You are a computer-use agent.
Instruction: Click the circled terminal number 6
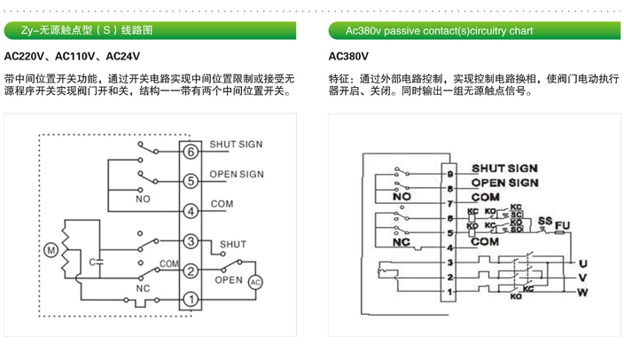[190, 152]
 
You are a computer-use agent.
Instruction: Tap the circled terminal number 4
[190, 211]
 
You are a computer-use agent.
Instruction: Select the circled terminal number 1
[190, 300]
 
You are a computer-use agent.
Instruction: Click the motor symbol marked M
[51, 251]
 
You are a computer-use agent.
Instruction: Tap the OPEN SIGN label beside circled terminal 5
[237, 174]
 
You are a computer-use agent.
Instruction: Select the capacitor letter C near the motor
[92, 262]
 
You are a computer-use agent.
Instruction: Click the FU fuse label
[560, 223]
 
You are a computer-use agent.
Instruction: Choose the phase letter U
[581, 263]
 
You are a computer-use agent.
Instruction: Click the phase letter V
[581, 278]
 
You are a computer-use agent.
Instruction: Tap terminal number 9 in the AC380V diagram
[450, 175]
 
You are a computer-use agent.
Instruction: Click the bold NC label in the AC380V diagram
[401, 241]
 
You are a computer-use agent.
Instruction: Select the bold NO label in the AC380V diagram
[402, 197]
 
